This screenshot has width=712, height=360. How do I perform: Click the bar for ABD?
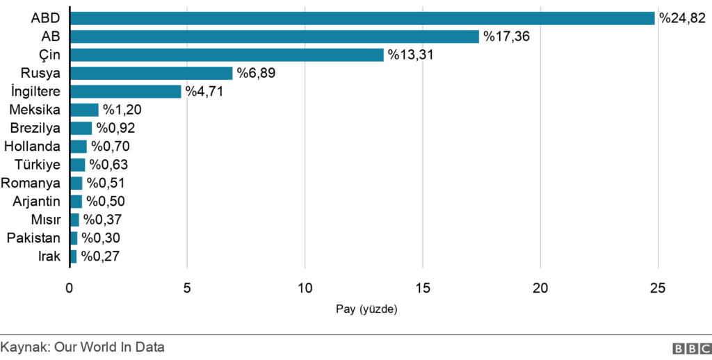(362, 18)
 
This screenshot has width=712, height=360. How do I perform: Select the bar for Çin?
(227, 55)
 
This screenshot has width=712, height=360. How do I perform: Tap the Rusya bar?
(151, 73)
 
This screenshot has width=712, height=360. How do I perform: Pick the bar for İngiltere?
(125, 92)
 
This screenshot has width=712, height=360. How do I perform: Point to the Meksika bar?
(84, 110)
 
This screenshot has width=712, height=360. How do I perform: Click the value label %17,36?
(507, 37)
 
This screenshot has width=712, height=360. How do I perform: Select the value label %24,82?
(683, 18)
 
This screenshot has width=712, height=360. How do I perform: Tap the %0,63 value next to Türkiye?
(108, 165)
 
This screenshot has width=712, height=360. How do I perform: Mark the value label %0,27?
(100, 256)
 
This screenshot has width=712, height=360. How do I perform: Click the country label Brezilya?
(35, 128)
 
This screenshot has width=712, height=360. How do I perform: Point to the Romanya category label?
(31, 183)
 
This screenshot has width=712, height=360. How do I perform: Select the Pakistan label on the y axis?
(34, 238)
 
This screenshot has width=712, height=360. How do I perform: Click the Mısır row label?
(45, 220)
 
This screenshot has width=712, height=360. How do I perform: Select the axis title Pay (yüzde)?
(366, 309)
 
